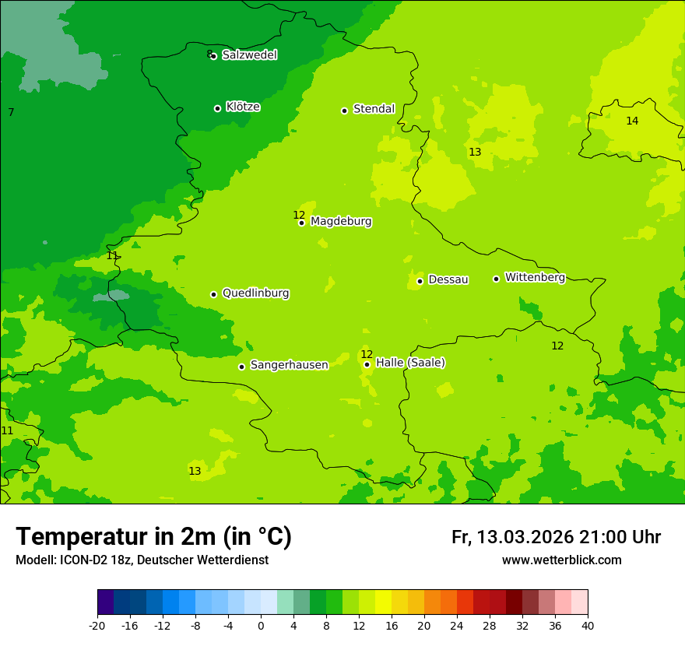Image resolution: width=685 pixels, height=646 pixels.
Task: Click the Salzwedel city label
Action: (x=249, y=55)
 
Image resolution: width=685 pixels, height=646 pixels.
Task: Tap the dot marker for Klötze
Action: (x=217, y=108)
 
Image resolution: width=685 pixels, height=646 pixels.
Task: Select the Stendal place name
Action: (x=374, y=109)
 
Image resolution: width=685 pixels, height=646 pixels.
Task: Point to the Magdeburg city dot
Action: (x=302, y=223)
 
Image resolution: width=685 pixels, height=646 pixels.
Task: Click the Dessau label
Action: (x=448, y=279)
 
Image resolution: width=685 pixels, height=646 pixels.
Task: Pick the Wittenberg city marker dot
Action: (x=496, y=279)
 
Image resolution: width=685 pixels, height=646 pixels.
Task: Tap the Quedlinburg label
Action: (x=255, y=293)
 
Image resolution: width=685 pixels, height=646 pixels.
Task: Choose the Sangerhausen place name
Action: (x=289, y=365)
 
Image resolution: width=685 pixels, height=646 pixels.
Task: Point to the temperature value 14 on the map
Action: (x=632, y=121)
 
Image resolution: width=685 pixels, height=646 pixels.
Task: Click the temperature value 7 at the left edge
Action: (x=11, y=113)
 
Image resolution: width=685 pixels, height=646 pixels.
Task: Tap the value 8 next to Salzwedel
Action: (x=209, y=54)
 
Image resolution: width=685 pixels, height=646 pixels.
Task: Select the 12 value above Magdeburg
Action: (x=299, y=215)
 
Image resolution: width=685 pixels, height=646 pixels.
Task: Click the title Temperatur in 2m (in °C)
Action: (x=153, y=537)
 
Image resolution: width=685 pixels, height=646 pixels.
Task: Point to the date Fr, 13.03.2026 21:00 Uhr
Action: (x=556, y=537)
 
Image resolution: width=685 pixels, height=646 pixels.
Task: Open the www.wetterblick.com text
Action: (x=561, y=560)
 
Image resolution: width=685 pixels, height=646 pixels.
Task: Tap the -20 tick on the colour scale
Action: (x=97, y=625)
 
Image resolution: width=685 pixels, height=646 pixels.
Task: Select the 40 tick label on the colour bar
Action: (x=588, y=625)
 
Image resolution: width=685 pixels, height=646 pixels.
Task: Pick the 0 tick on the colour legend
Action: (x=261, y=625)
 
